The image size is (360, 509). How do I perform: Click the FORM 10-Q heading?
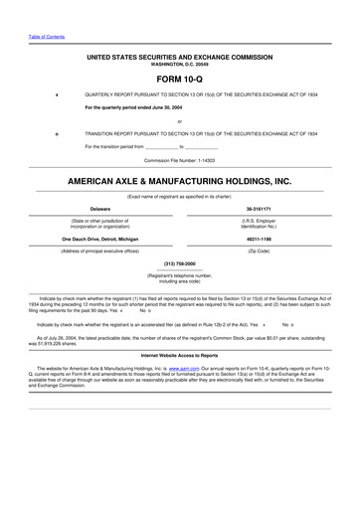pyautogui.click(x=179, y=76)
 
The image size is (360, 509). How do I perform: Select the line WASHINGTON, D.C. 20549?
pyautogui.click(x=179, y=64)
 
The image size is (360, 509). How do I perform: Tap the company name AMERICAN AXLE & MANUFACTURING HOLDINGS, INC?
pyautogui.click(x=179, y=182)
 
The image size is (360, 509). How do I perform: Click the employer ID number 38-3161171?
pyautogui.click(x=259, y=209)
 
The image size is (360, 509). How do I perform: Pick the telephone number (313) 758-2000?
pyautogui.click(x=179, y=263)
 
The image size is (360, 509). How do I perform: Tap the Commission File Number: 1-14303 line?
pyautogui.click(x=179, y=160)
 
